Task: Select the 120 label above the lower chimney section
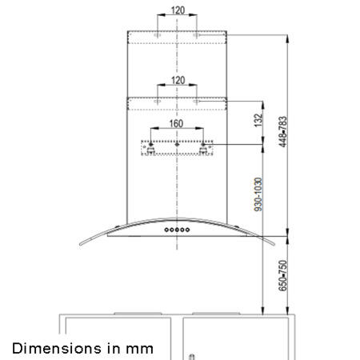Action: point(177,81)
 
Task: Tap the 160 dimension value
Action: point(177,125)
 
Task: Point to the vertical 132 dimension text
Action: point(258,121)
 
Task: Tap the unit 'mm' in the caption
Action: point(140,348)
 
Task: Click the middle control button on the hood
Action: point(177,230)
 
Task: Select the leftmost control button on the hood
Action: point(166,230)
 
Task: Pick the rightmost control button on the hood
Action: point(188,230)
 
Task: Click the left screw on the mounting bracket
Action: point(150,148)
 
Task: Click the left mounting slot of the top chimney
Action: point(158,37)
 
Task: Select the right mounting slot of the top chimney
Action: point(196,37)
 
